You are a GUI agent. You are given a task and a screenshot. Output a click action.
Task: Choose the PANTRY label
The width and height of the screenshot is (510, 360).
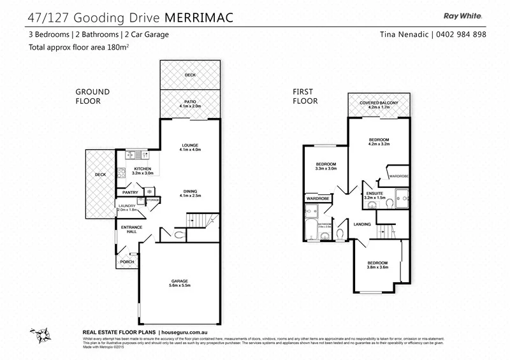click(x=131, y=192)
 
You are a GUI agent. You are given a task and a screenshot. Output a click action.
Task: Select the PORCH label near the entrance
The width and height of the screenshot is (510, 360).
click(x=126, y=262)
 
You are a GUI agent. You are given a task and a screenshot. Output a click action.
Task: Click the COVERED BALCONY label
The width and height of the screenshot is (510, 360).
click(x=379, y=104)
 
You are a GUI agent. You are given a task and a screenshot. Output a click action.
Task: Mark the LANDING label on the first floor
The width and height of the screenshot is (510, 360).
click(x=363, y=224)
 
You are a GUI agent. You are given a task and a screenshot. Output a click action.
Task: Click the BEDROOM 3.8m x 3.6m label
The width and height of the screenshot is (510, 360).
click(x=377, y=265)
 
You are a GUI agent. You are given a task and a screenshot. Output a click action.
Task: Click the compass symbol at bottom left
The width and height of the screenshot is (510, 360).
click(x=37, y=334)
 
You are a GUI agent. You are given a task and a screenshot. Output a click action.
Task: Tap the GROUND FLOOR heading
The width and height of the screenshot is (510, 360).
click(x=92, y=96)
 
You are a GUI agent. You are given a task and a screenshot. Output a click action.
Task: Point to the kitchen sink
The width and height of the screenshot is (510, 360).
click(x=136, y=155)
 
